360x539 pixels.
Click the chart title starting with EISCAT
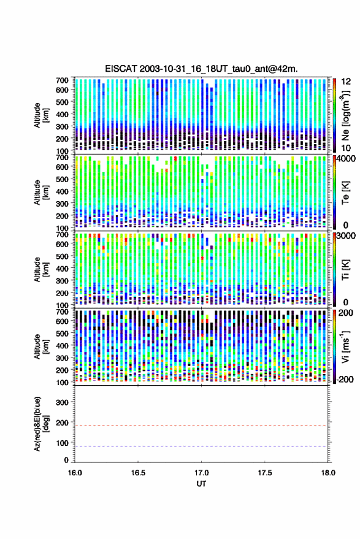(201, 69)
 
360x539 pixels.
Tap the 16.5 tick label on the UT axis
(138, 473)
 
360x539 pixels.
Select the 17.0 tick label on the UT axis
(201, 473)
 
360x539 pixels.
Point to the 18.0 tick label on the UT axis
(327, 473)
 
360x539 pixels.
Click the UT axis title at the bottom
(201, 484)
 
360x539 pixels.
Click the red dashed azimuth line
(201, 426)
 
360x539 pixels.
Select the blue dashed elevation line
(201, 446)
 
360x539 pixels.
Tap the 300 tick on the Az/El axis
(62, 402)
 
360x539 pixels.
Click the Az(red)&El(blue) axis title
(41, 424)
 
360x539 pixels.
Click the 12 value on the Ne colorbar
(347, 82)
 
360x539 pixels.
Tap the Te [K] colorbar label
(345, 193)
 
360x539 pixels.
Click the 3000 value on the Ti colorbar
(347, 236)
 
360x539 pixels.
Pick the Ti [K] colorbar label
(345, 270)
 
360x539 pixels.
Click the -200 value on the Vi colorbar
(344, 379)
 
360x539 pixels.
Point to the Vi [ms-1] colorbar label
(345, 346)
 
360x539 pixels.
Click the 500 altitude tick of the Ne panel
(62, 102)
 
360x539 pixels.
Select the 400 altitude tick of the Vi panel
(62, 345)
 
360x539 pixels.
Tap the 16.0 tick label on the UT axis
(75, 473)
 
